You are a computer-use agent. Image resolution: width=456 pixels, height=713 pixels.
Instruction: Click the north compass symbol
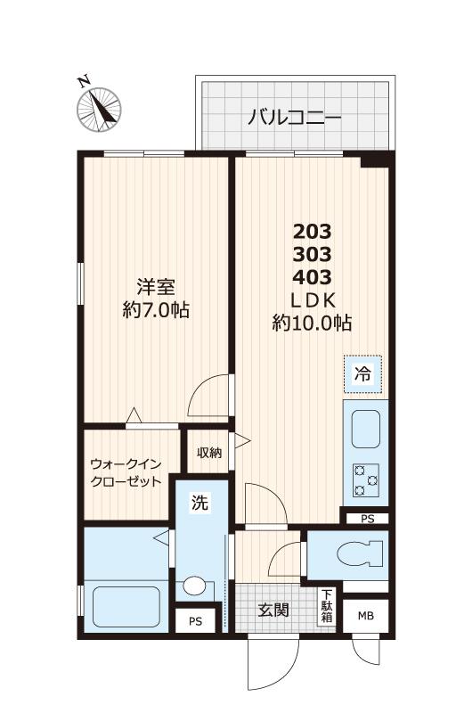click(99, 107)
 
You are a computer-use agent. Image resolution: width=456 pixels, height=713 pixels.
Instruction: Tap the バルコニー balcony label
click(295, 117)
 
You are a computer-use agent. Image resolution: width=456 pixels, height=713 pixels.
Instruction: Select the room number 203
click(312, 231)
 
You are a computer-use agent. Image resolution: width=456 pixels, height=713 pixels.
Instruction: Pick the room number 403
click(312, 275)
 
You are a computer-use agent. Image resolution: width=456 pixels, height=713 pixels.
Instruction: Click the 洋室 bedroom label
click(156, 287)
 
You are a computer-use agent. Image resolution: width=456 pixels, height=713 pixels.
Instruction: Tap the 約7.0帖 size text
click(156, 311)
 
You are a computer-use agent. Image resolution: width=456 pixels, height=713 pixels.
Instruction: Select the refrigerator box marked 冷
click(363, 375)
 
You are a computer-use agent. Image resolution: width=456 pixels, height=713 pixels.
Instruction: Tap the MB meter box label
click(366, 616)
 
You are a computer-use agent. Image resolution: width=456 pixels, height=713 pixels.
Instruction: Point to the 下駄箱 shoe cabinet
click(328, 605)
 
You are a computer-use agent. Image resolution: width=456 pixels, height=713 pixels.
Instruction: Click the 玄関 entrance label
click(273, 611)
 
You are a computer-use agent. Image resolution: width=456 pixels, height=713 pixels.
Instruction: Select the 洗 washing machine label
click(201, 503)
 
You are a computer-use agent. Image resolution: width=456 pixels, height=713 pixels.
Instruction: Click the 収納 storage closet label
click(209, 453)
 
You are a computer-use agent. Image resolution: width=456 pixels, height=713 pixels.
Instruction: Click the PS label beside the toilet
click(367, 519)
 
